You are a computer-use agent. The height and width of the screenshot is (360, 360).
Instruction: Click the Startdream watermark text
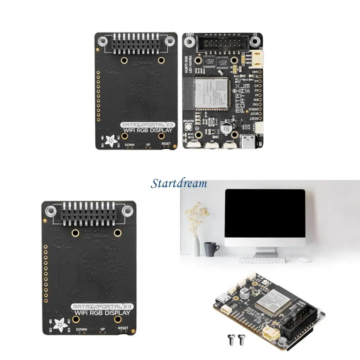(x=179, y=184)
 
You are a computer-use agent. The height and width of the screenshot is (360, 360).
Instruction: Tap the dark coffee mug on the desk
(x=210, y=249)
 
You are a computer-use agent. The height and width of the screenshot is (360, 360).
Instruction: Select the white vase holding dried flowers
(x=196, y=246)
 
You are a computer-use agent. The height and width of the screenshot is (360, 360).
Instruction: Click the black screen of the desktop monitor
(x=265, y=218)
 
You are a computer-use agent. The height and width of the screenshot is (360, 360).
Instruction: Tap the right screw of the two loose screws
(x=242, y=339)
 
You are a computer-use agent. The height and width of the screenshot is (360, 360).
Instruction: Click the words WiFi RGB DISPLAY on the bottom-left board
(x=102, y=313)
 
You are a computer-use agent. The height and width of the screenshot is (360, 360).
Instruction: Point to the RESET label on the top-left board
(x=166, y=143)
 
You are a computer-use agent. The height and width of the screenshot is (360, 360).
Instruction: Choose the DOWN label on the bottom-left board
(x=81, y=330)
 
